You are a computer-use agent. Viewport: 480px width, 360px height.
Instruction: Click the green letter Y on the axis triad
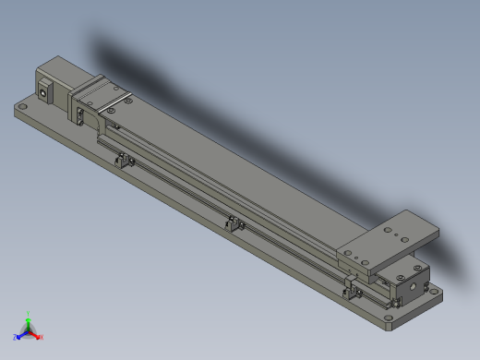click(29, 314)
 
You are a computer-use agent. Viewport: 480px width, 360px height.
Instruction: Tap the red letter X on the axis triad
click(41, 337)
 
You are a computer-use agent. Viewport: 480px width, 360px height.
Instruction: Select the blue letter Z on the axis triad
click(17, 337)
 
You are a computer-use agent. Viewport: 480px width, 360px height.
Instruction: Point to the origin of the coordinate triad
click(29, 329)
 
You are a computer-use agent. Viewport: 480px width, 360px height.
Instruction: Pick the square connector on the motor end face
click(43, 90)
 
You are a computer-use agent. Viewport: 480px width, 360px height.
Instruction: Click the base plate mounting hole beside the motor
click(25, 107)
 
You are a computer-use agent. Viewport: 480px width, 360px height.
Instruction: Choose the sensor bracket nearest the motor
click(122, 162)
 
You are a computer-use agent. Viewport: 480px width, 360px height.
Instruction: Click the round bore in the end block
click(395, 302)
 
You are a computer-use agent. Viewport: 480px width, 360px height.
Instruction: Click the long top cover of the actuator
click(231, 175)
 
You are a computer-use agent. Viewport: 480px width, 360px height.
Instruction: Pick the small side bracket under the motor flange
click(82, 116)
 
